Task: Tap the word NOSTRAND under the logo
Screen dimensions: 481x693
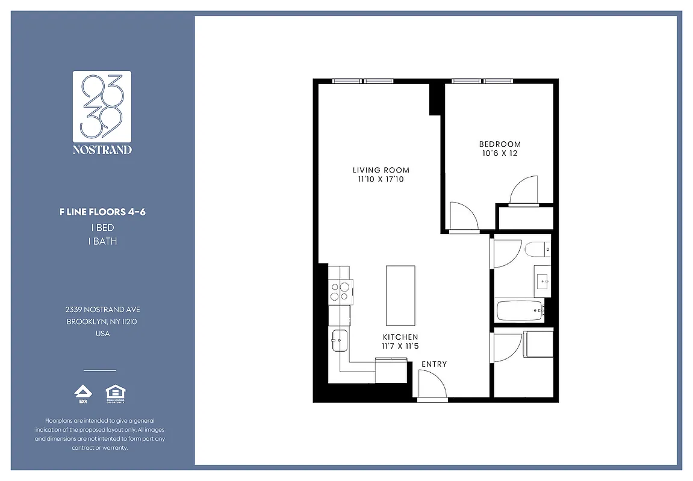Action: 102,150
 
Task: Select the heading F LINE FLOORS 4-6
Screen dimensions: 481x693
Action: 102,212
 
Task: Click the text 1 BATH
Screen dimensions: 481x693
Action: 102,241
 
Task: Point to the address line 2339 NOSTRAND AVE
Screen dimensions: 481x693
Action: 102,309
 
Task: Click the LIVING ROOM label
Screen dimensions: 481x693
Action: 381,170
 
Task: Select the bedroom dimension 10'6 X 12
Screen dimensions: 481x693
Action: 500,153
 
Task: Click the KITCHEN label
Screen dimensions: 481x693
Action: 400,337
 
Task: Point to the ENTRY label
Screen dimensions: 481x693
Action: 434,364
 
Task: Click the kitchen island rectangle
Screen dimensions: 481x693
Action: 400,295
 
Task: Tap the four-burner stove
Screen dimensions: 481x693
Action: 340,292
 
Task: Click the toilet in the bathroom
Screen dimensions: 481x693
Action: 535,248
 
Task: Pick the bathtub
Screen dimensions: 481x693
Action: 519,311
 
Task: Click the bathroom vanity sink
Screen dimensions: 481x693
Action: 542,281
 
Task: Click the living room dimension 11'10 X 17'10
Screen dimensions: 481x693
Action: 381,179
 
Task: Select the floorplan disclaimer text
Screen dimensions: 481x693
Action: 100,434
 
